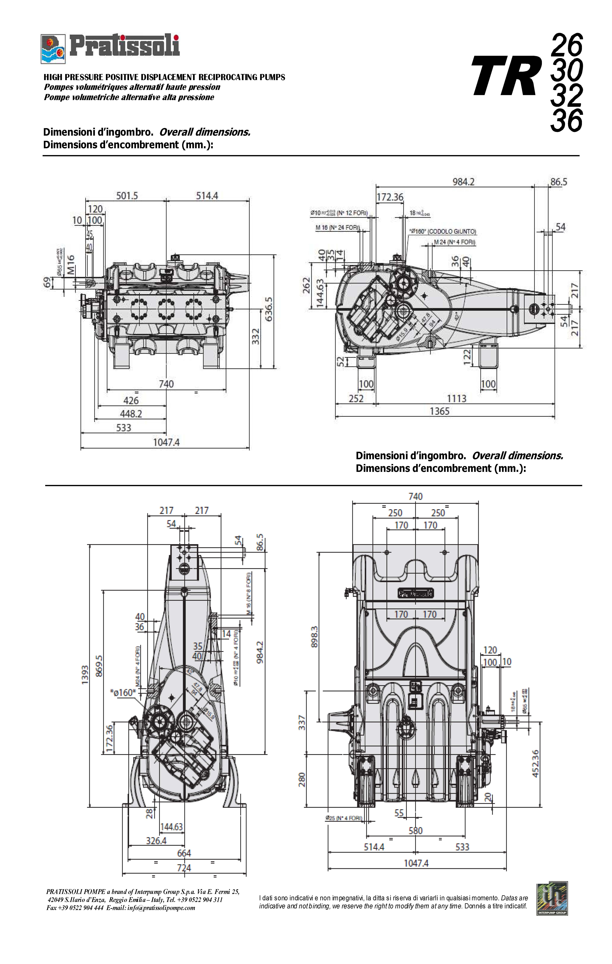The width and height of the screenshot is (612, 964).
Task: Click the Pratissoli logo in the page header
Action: click(x=110, y=48)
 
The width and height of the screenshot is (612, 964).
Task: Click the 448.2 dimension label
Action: click(x=131, y=414)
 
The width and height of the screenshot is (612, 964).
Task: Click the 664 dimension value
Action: click(x=184, y=853)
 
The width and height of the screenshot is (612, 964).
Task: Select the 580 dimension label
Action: click(x=415, y=831)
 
